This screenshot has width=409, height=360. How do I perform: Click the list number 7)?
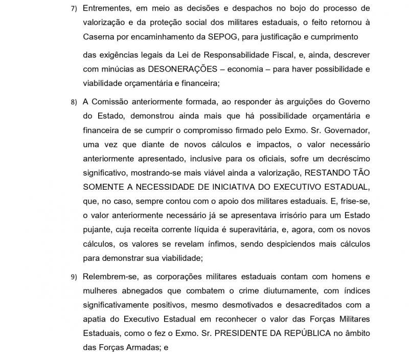[74, 9]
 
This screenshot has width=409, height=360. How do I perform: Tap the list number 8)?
[74, 102]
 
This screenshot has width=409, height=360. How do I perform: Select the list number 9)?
[74, 278]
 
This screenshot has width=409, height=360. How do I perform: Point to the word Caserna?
[98, 36]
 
